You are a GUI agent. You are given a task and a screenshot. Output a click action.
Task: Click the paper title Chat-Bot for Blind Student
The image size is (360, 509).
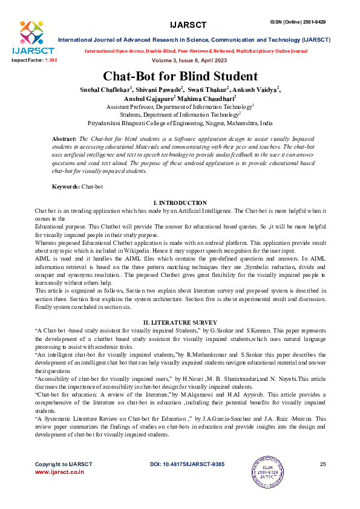pyautogui.click(x=180, y=77)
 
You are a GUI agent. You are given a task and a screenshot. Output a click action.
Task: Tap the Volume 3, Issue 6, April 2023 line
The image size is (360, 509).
pyautogui.click(x=180, y=61)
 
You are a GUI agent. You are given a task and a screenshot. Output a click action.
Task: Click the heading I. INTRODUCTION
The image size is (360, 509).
pyautogui.click(x=180, y=203)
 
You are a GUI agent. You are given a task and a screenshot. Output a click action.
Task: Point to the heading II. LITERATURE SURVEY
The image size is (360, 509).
pyautogui.click(x=180, y=323)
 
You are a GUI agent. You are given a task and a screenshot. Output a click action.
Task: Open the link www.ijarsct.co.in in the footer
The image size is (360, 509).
pyautogui.click(x=59, y=472)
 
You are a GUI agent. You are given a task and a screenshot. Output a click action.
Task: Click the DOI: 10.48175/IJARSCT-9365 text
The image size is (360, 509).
pyautogui.click(x=187, y=464)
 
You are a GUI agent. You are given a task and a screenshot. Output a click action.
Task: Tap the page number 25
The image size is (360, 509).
pyautogui.click(x=322, y=464)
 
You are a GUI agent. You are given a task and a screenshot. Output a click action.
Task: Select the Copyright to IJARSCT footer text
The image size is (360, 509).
pyautogui.click(x=64, y=464)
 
